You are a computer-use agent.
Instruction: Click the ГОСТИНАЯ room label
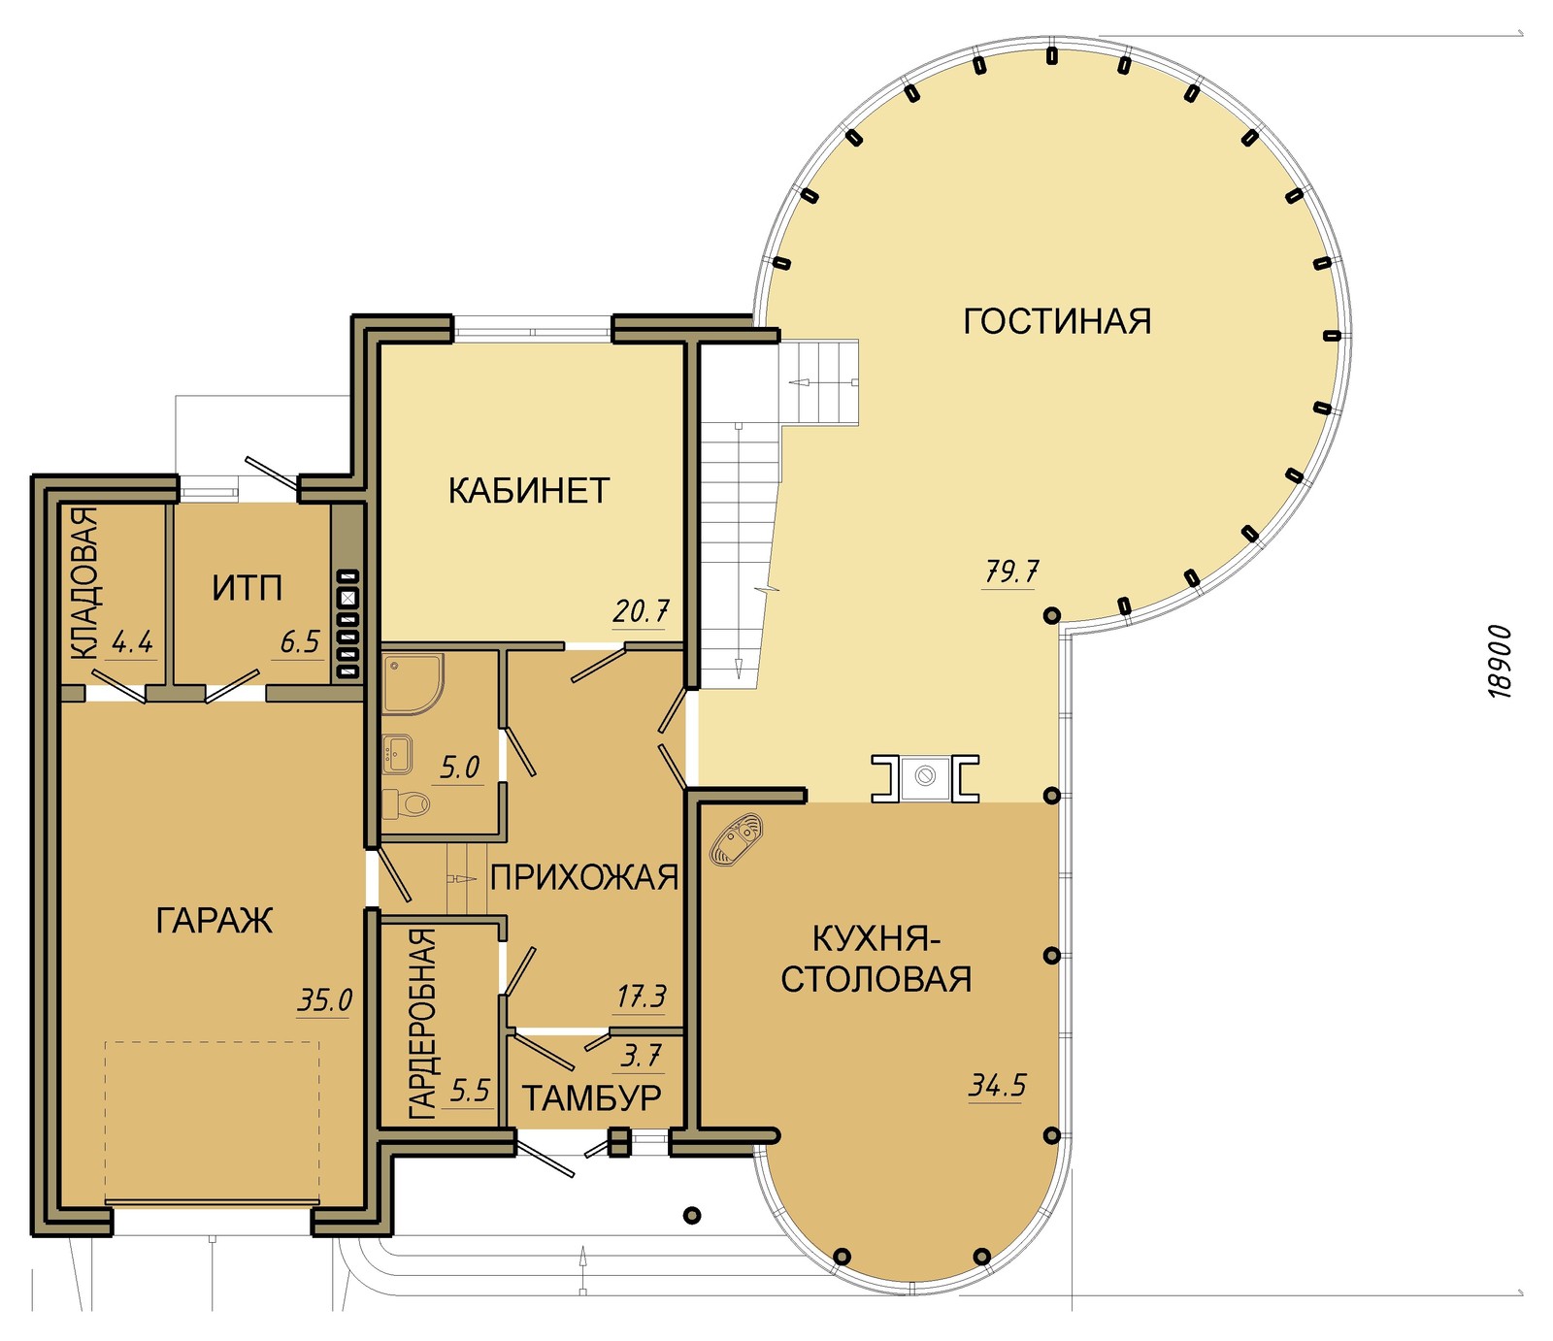1057,321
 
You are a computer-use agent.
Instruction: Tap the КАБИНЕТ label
529,491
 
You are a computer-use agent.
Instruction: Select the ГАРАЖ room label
215,920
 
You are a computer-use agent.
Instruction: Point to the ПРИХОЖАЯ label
584,877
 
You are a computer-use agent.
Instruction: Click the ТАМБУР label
592,1098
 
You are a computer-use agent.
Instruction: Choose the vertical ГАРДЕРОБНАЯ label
422,1025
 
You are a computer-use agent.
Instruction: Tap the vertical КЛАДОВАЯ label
84,584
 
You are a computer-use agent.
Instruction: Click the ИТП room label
248,588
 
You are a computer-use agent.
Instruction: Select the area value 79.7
1011,572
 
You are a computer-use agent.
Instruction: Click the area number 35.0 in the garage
324,1000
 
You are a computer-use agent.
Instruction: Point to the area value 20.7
641,612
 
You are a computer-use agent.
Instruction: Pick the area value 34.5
997,1085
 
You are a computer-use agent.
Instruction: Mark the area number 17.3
641,998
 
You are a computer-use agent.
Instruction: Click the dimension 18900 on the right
1500,662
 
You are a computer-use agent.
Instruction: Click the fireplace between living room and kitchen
925,778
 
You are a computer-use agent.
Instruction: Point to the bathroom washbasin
398,754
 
